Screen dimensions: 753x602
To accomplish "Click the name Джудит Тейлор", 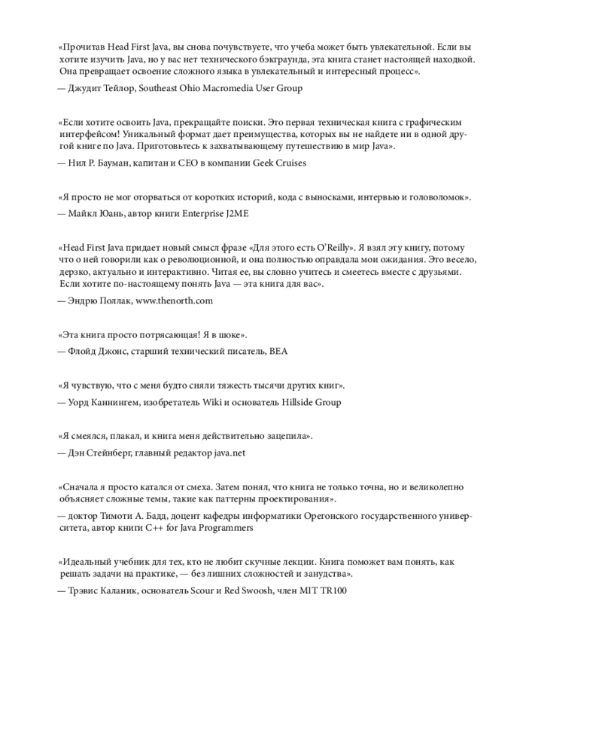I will click(100, 88).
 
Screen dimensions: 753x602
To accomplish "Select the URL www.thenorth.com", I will click(174, 300).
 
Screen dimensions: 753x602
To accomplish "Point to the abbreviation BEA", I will click(278, 351).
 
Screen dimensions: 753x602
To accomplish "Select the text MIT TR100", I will click(323, 591).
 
